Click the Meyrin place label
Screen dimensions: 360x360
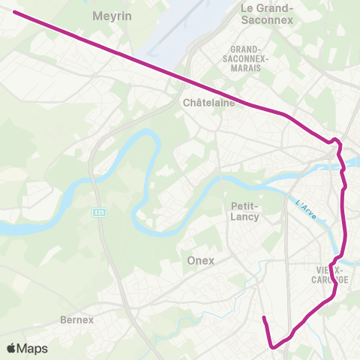(111, 15)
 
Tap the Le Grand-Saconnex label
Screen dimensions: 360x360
(267, 13)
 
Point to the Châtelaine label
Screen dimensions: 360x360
(208, 103)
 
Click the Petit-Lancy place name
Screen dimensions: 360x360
(244, 211)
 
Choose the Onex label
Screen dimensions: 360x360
(199, 260)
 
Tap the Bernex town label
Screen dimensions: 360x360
(76, 319)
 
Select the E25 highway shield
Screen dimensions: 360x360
(100, 212)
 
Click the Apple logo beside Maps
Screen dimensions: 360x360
(11, 349)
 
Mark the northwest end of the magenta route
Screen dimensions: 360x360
(15, 12)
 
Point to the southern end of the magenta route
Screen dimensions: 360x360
(263, 319)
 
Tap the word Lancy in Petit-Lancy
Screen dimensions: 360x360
(244, 217)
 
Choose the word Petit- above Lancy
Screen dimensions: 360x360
(244, 205)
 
